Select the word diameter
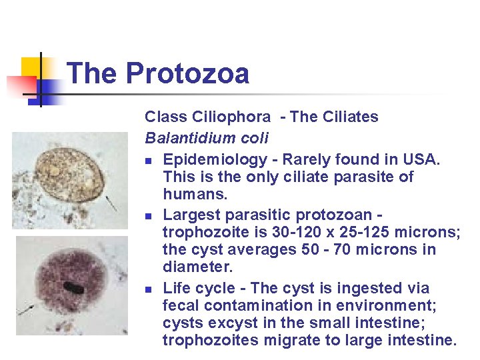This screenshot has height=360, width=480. pyautogui.click(x=193, y=267)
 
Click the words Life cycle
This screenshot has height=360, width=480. pyautogui.click(x=198, y=289)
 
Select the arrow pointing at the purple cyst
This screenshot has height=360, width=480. pyautogui.click(x=28, y=309)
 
